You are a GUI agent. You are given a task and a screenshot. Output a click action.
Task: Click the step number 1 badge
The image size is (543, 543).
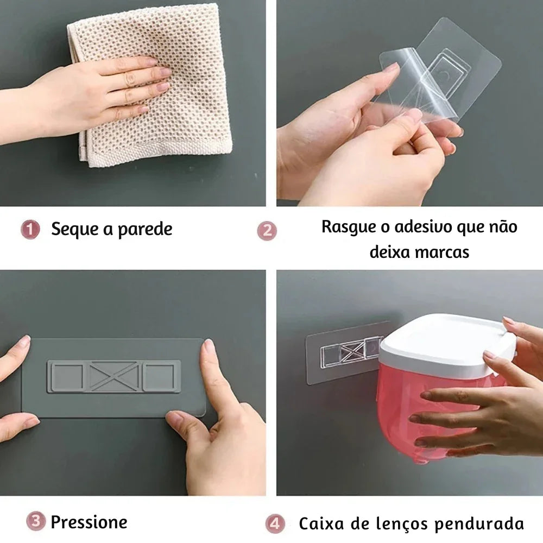click(x=30, y=229)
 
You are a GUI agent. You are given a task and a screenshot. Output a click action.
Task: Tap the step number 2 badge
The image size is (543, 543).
click(x=267, y=231)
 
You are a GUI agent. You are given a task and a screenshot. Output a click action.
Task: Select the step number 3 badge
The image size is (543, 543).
click(x=35, y=521)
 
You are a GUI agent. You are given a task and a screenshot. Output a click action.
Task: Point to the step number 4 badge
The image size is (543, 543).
click(x=275, y=523)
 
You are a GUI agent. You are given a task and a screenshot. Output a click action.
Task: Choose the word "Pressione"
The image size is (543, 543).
click(x=89, y=522)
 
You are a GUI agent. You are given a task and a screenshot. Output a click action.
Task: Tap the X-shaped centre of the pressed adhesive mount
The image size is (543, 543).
click(x=114, y=376)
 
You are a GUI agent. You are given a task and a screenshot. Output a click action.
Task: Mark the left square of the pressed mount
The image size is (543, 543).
click(x=67, y=376)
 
